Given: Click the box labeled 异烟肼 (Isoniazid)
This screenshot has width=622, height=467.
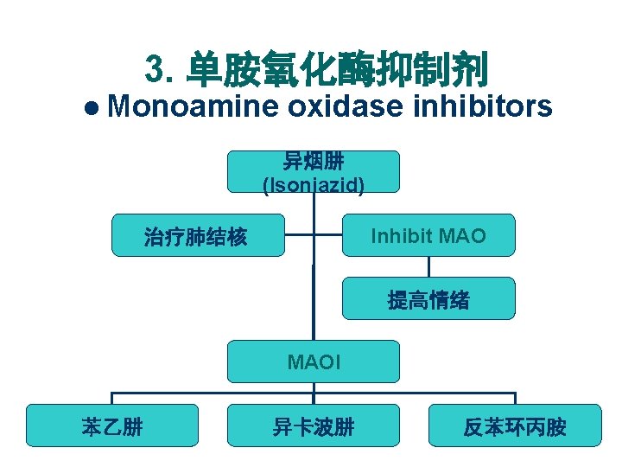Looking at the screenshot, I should tap(314, 171).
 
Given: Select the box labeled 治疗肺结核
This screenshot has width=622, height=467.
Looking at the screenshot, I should tap(198, 235).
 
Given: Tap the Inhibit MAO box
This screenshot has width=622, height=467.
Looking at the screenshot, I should tap(428, 235).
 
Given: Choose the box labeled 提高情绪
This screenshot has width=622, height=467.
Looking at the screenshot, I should tap(428, 299).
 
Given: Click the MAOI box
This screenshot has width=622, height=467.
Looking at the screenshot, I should tap(314, 361).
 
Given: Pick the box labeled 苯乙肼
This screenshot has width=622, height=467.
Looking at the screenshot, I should tap(112, 425).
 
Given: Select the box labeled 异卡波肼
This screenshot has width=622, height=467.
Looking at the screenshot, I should tap(314, 425).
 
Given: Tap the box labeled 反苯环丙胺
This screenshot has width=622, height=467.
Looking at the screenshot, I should tap(515, 425).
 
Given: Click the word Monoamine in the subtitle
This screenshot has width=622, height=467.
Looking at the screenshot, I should tap(194, 106).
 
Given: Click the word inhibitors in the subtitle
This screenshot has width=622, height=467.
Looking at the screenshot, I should tap(483, 106).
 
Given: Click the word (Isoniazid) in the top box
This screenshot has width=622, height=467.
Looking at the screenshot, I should tap(314, 183).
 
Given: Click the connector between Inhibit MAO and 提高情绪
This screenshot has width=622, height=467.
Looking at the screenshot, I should tap(428, 267).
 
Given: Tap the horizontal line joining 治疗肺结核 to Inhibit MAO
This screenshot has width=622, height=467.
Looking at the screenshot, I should tap(314, 234).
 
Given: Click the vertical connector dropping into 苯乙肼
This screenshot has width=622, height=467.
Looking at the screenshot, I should tap(112, 398).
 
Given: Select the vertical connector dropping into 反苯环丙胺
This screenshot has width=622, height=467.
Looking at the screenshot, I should tap(515, 398).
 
